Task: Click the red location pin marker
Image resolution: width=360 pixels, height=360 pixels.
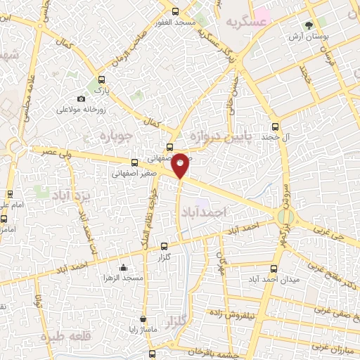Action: click(x=181, y=164)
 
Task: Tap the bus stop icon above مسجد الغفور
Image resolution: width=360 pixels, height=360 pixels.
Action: click(x=176, y=11)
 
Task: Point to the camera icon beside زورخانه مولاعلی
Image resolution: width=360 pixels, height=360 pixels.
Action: click(x=82, y=98)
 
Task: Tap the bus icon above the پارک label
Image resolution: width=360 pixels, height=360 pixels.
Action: click(x=103, y=79)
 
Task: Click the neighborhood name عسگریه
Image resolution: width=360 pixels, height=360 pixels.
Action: click(x=247, y=22)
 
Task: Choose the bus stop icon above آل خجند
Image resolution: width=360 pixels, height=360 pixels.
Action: click(x=275, y=127)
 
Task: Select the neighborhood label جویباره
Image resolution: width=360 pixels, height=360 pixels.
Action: click(x=115, y=134)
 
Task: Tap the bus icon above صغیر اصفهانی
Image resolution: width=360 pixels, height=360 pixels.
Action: click(x=134, y=162)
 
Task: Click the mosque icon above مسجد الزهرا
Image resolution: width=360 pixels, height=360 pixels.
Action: click(x=124, y=267)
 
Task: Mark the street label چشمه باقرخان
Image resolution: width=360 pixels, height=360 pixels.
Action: click(x=204, y=350)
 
